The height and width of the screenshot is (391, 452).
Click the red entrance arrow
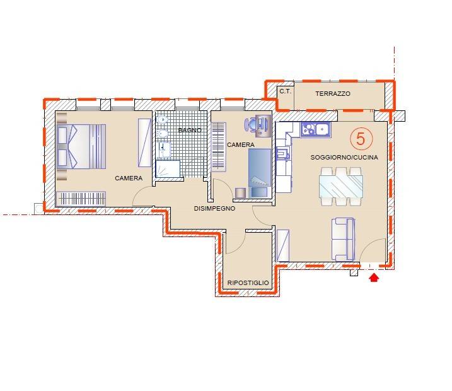[374, 277]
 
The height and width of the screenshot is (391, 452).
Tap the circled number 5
[361, 139]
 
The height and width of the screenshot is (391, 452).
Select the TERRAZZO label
[333, 94]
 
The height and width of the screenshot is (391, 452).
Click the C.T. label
[286, 91]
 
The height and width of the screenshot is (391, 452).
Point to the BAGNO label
[190, 131]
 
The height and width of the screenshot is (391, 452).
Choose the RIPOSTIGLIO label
[248, 283]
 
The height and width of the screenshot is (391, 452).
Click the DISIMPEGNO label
[214, 209]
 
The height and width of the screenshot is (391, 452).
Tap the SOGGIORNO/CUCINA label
[344, 158]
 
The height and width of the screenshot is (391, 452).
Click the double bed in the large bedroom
[81, 146]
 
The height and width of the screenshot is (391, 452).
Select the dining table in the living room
[341, 186]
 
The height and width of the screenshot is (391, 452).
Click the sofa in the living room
[343, 239]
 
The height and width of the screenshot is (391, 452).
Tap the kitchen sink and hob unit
[315, 129]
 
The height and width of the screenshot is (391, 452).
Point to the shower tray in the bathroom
[168, 168]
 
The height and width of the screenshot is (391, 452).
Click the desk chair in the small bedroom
[252, 125]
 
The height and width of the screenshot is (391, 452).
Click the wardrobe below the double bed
[81, 199]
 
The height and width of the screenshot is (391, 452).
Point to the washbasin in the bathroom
[164, 149]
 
